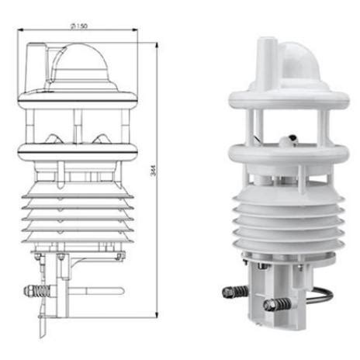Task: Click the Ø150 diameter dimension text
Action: tap(78, 26)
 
